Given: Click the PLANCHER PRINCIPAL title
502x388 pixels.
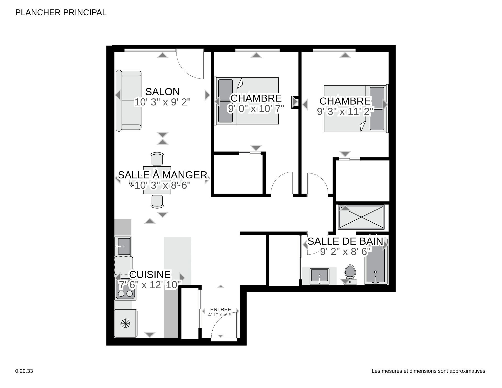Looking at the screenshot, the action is [x=61, y=13].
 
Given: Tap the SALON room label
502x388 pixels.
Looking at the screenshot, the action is [x=162, y=92].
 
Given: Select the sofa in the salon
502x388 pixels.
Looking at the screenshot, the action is [x=128, y=100].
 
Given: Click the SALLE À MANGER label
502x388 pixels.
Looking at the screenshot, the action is [x=162, y=175].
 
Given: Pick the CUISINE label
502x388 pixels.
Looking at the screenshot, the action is [x=150, y=274].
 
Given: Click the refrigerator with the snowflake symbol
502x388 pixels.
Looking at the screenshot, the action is [x=125, y=323].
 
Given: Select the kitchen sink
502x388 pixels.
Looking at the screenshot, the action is [x=123, y=246].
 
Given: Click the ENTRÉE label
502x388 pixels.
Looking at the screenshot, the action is [x=220, y=309].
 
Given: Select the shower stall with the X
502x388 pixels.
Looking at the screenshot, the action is [x=361, y=217].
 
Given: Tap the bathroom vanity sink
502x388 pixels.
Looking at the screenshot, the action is [x=320, y=276].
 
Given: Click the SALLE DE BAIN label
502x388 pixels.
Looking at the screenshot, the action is [x=345, y=241].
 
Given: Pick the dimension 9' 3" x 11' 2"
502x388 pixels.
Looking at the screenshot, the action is [x=345, y=111].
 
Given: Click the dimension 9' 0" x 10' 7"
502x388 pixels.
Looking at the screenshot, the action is [x=256, y=108].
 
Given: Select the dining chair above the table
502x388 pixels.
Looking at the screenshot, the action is [x=157, y=159].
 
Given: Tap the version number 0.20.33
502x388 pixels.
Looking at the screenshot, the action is [x=24, y=371].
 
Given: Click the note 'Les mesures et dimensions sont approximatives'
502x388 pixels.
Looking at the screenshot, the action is [x=429, y=371].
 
